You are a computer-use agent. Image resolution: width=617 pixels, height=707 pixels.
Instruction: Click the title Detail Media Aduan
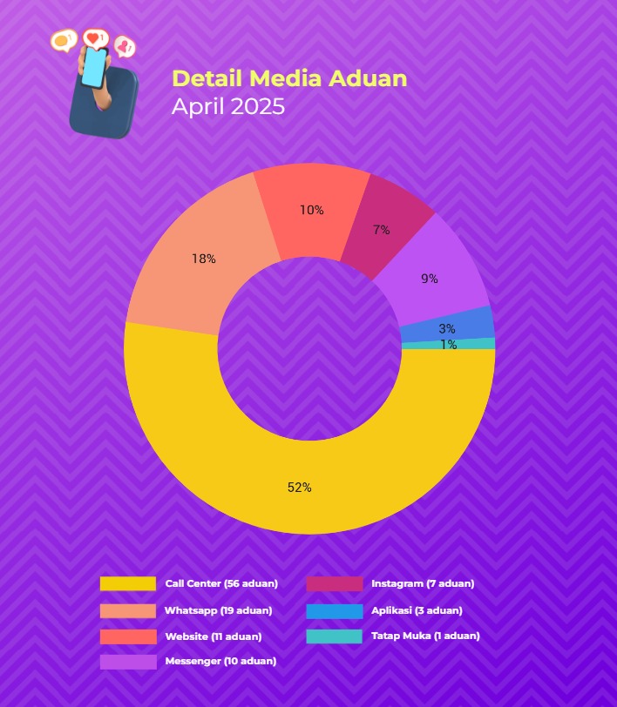click(x=289, y=78)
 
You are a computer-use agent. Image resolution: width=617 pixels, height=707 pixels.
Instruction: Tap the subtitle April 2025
click(x=228, y=107)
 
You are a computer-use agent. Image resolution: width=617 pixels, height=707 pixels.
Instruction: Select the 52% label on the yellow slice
click(x=299, y=488)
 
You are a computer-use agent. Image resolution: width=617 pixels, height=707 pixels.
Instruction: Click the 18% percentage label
click(x=203, y=259)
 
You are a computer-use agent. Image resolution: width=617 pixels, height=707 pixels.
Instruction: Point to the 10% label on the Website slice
click(x=311, y=210)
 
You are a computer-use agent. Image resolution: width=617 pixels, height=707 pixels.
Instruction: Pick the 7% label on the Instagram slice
click(x=381, y=230)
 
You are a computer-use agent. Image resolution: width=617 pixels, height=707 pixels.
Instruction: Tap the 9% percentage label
click(x=429, y=279)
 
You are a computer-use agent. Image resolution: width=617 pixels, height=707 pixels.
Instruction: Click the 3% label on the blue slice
click(x=446, y=328)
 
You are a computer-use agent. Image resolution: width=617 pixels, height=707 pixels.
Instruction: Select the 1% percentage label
click(x=448, y=345)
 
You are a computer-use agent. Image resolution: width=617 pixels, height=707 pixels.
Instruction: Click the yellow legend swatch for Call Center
click(x=128, y=583)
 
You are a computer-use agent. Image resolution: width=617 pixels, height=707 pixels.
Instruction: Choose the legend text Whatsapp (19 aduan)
click(x=218, y=610)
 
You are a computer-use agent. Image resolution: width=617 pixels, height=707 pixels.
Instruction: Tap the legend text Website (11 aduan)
click(x=213, y=636)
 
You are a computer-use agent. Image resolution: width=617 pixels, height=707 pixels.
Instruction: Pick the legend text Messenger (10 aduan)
click(x=220, y=662)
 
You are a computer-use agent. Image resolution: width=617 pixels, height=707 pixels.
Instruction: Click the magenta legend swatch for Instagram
click(x=335, y=583)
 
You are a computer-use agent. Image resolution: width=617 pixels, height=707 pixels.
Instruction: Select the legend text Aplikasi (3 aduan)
click(x=417, y=610)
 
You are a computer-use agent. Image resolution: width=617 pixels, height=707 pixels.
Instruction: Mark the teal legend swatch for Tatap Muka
click(x=335, y=636)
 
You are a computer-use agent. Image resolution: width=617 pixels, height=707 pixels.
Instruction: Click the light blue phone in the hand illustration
click(x=93, y=66)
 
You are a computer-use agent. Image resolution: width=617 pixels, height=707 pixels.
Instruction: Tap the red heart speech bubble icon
click(x=94, y=38)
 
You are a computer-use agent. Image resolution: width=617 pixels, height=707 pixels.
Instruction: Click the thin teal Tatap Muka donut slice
click(x=471, y=344)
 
